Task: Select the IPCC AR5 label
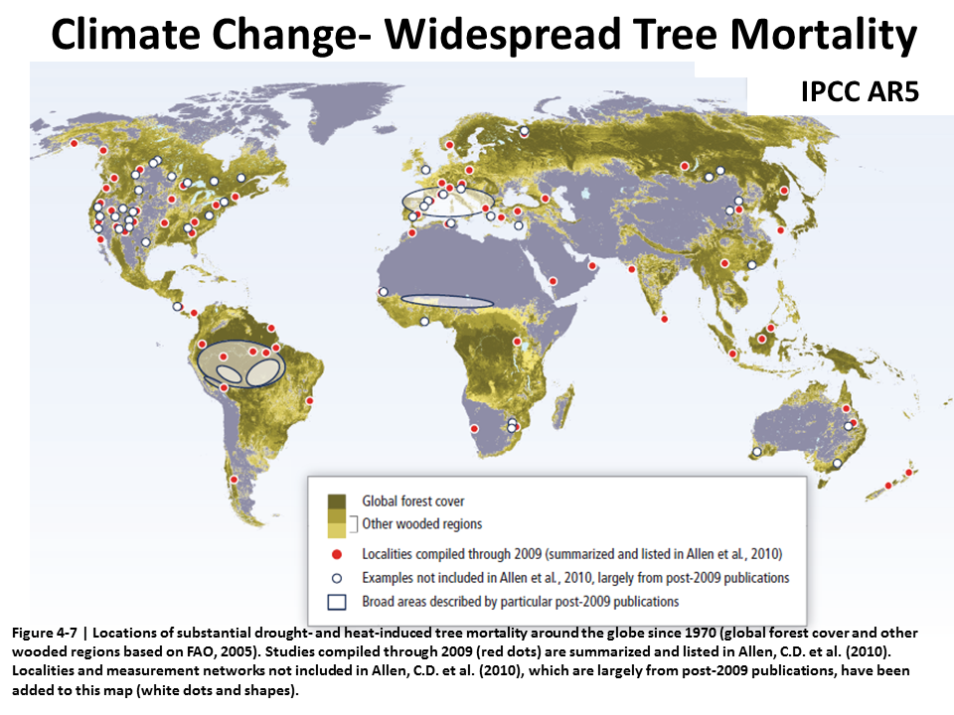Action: pos(860,91)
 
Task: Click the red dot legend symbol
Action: pos(337,554)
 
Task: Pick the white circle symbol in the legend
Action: pos(337,578)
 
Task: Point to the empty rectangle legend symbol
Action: pos(337,602)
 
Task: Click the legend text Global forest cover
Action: pos(413,500)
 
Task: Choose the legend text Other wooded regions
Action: pos(422,524)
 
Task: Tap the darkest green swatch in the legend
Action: pos(337,501)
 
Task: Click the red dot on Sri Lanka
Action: pos(665,319)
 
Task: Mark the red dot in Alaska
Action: pos(75,143)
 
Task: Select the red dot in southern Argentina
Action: pos(234,480)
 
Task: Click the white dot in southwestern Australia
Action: pos(757,452)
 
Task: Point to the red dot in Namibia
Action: pos(475,429)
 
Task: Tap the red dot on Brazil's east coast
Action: pos(310,400)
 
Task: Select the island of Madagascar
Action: pos(564,406)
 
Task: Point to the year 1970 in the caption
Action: pos(702,633)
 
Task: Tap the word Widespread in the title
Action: pos(502,36)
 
